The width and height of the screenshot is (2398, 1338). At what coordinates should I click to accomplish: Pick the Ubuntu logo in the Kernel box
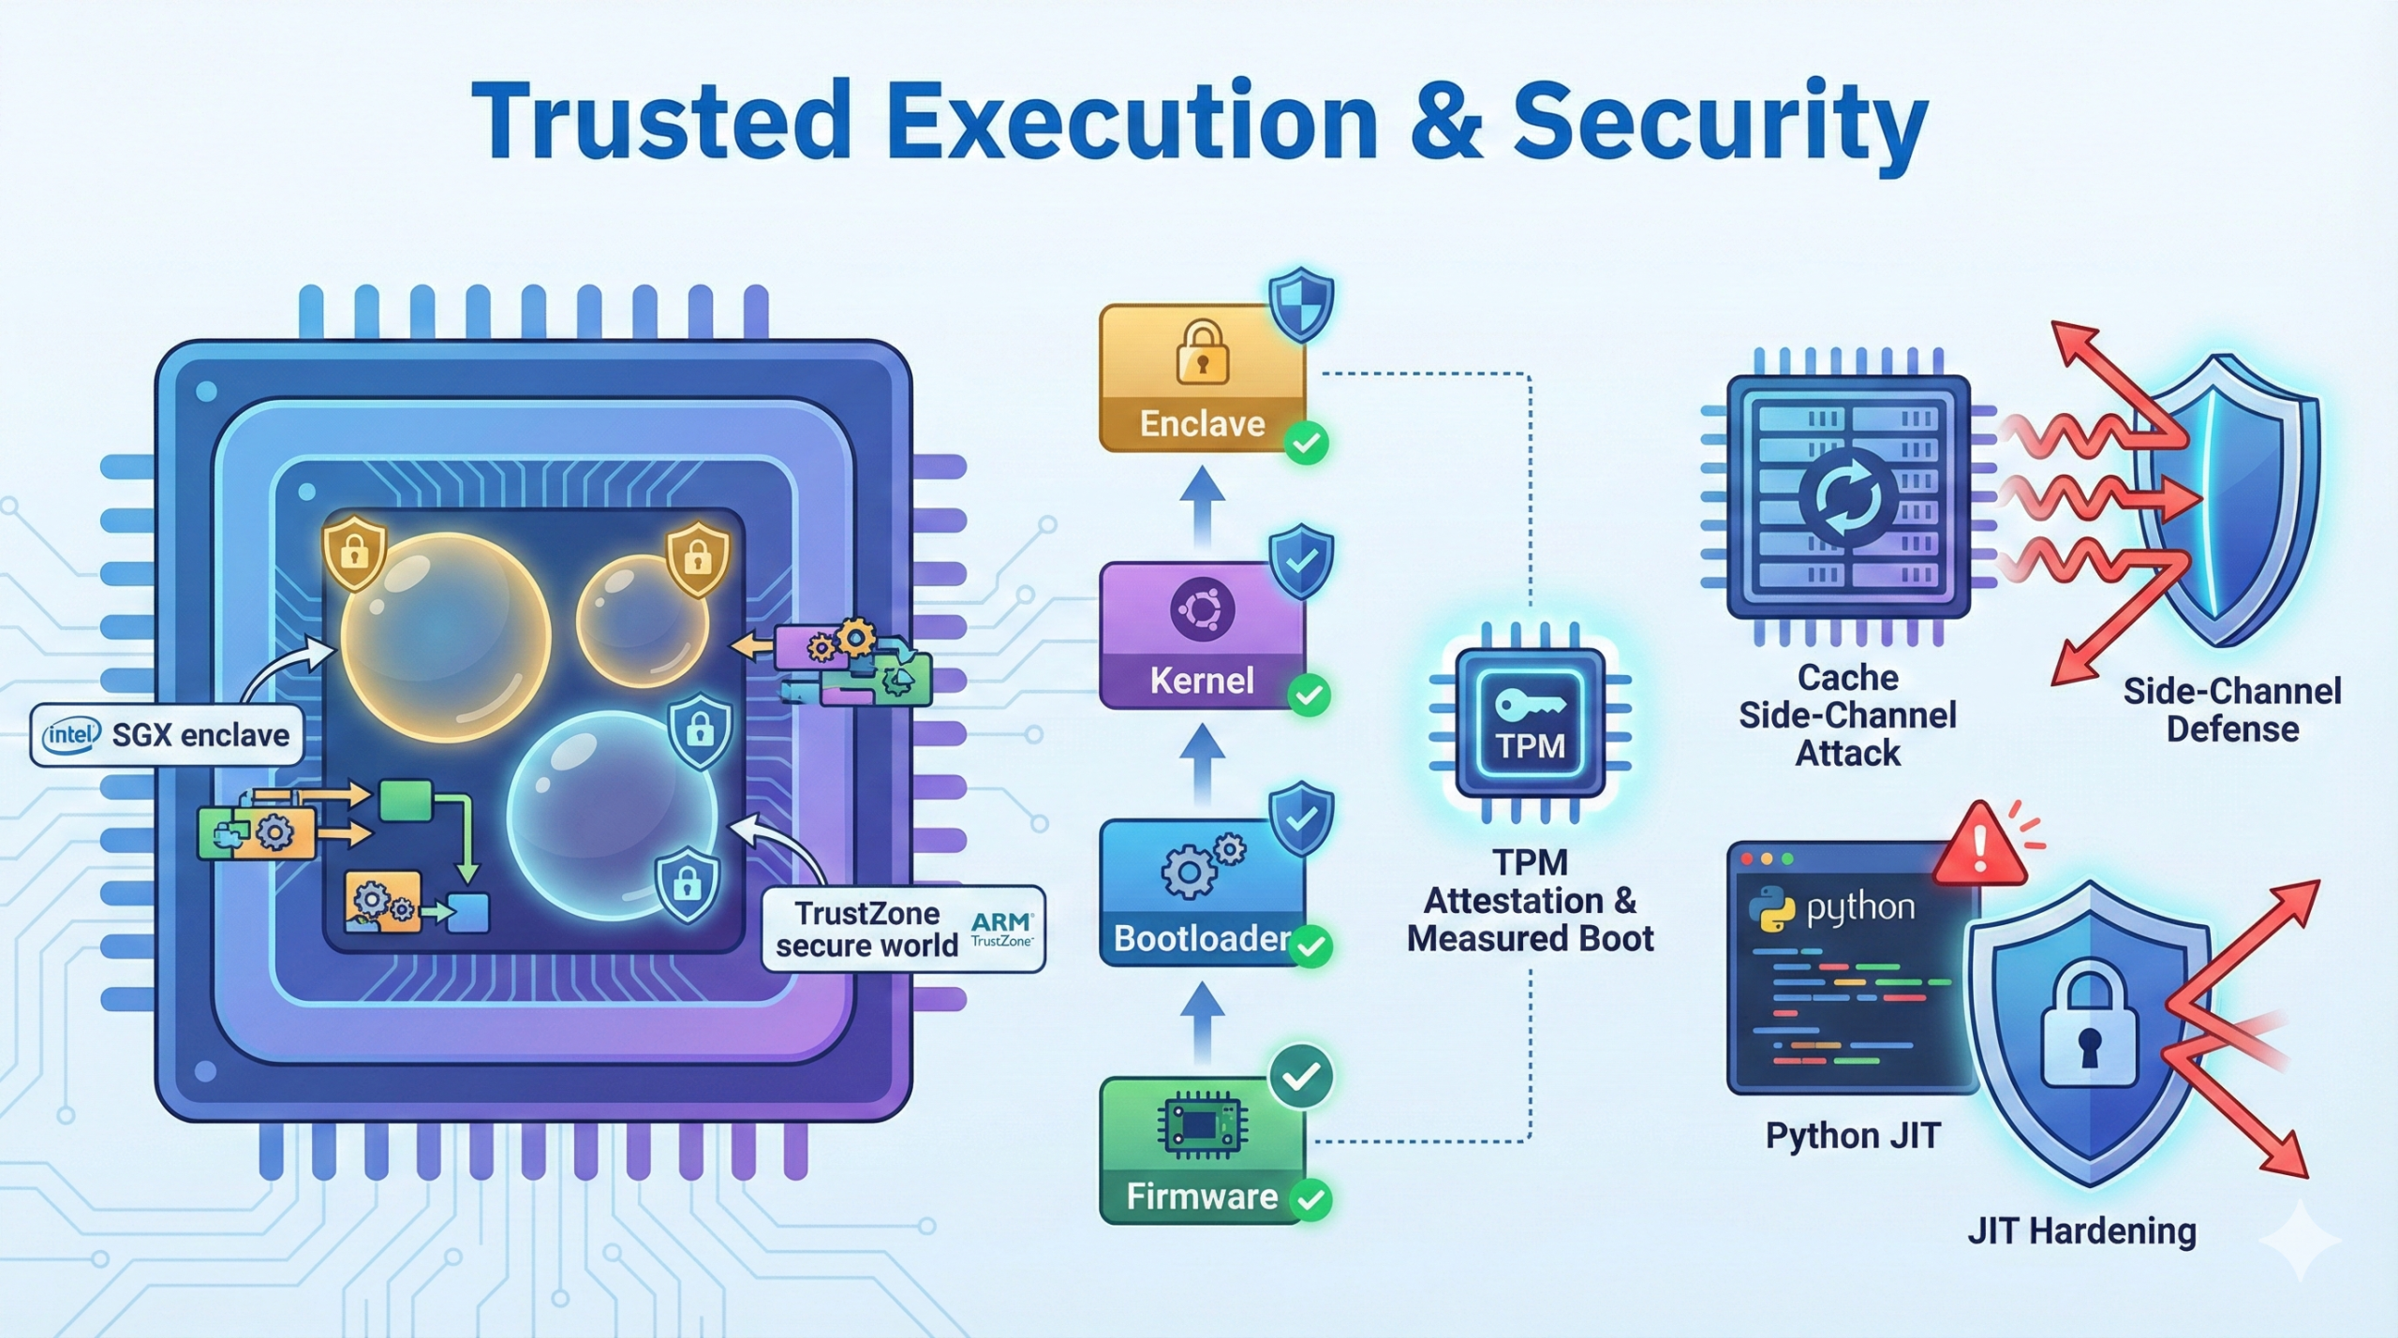[x=1202, y=610]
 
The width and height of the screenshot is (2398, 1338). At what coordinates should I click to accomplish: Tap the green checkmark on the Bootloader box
[x=1310, y=947]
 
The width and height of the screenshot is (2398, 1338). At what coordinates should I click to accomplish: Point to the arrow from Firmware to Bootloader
[x=1203, y=1023]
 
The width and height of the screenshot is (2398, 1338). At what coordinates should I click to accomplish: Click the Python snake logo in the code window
[x=1771, y=909]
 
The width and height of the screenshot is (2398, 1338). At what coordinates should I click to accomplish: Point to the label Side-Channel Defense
[x=2231, y=710]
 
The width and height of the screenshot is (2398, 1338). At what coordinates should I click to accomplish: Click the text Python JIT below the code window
[x=1852, y=1136]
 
